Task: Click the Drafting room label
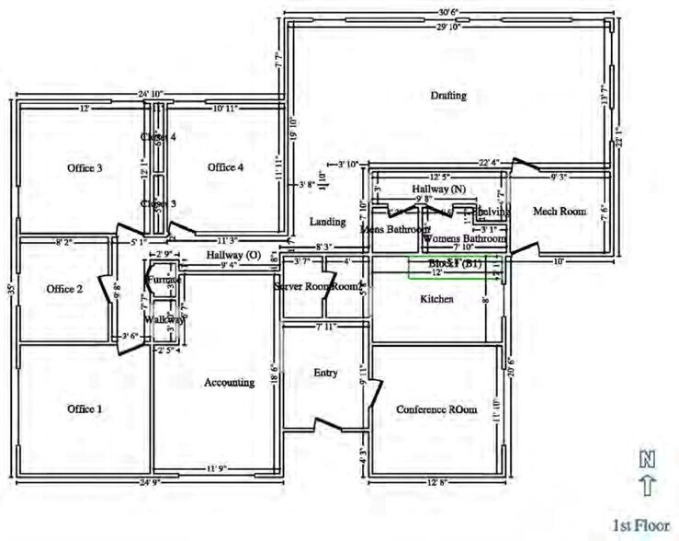[x=448, y=96]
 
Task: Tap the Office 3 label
[x=85, y=168]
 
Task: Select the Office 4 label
[x=225, y=167]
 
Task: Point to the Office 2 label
[x=65, y=289]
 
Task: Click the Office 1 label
[x=85, y=409]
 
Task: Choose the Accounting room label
[x=229, y=383]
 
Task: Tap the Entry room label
[x=325, y=374]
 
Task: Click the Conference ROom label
[x=436, y=409]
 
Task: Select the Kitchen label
[x=436, y=300]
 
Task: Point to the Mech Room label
[x=560, y=212]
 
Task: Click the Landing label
[x=327, y=222]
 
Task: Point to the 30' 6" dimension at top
[x=448, y=12]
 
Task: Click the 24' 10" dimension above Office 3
[x=151, y=94]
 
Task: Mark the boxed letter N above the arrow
[x=647, y=457]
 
